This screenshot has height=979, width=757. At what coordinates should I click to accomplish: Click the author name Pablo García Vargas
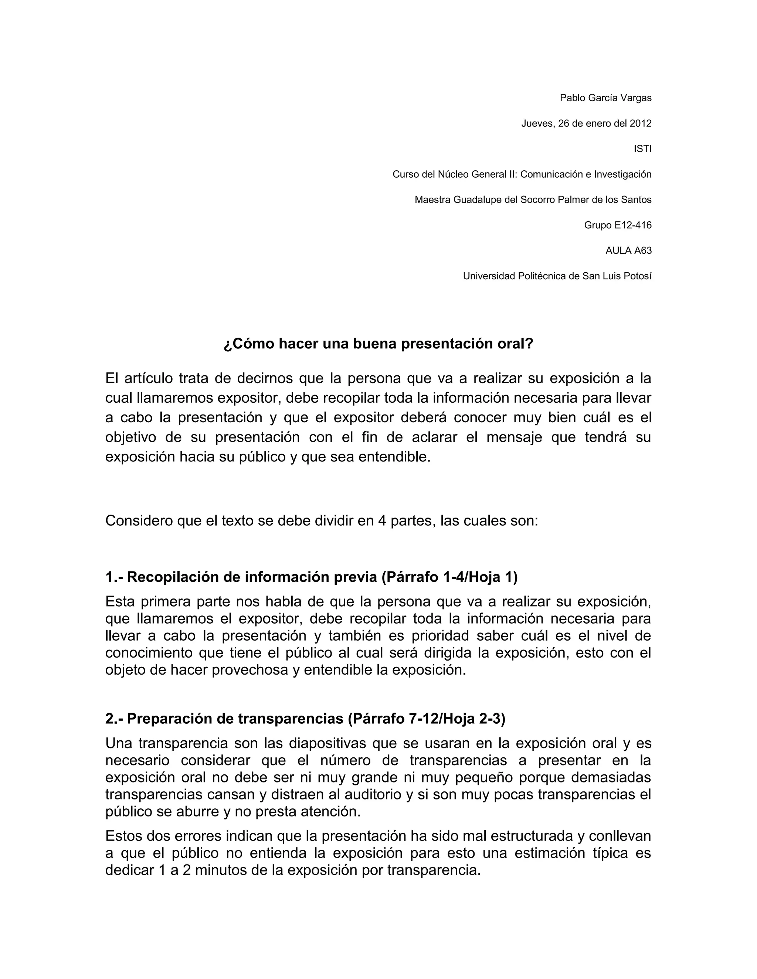(x=605, y=98)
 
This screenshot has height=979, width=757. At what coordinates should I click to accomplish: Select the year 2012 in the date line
(x=641, y=123)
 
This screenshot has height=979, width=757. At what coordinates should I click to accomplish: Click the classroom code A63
(x=643, y=250)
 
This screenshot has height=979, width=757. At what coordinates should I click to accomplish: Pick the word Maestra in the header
(x=432, y=199)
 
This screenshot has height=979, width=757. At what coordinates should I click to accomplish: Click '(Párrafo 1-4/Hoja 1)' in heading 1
(x=449, y=577)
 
